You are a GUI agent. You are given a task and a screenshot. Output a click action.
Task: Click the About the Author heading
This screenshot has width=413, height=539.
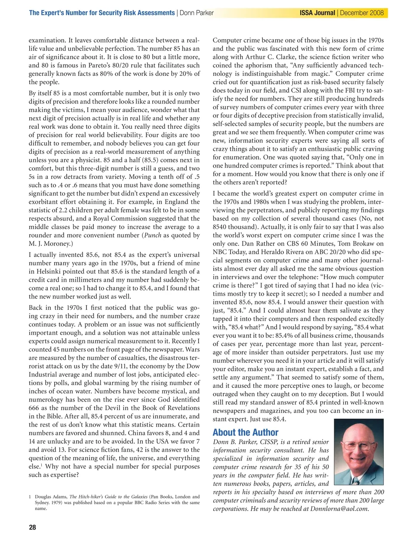point(245,433)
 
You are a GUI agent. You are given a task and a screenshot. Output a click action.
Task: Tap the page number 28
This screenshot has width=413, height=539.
point(32,527)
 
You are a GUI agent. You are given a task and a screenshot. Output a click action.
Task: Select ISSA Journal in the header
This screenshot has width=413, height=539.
point(317,13)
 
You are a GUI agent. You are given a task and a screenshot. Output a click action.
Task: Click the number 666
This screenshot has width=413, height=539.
point(34,408)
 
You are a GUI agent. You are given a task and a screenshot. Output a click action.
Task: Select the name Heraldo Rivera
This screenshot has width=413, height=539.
point(271,252)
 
